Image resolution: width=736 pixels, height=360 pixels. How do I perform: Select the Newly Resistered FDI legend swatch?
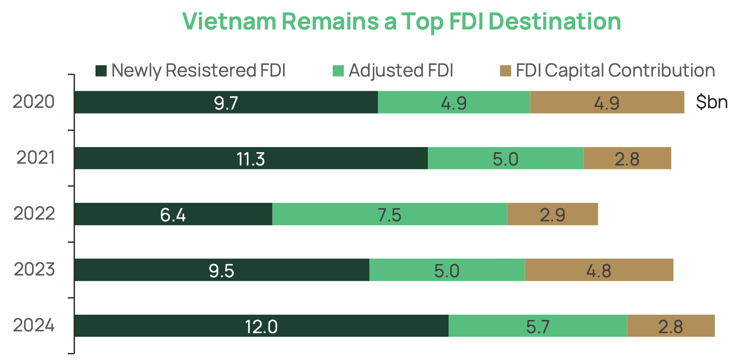pos(101,71)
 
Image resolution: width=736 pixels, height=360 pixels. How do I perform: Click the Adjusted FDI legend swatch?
pos(338,71)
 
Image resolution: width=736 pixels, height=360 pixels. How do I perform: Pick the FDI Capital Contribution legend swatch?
pos(505,71)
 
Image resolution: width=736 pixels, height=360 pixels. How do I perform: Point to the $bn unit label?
pos(711,102)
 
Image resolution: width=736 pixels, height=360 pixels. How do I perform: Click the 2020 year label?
pos(33,102)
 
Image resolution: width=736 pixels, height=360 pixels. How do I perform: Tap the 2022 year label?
pos(34,214)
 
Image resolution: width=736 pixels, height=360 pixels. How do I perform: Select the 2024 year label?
pos(33,326)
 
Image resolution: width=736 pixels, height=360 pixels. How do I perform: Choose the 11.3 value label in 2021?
pos(250,159)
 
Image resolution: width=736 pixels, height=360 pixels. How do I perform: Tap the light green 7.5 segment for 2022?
pos(390,215)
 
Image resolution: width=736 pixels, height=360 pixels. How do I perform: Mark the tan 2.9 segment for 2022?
pos(552,215)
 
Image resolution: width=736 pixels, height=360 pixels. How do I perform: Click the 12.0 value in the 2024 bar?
pos(261,327)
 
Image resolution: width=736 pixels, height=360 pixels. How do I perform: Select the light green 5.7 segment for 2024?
pos(537,327)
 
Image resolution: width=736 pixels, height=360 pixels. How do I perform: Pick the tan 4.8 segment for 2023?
pos(599,270)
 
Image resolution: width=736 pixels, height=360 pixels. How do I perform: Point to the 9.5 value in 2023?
pos(221,271)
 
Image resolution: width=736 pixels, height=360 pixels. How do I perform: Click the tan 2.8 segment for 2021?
pos(627,159)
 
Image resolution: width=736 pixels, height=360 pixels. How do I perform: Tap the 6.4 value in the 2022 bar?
pos(173,215)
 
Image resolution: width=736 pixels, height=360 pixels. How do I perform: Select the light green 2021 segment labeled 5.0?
pos(505,159)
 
